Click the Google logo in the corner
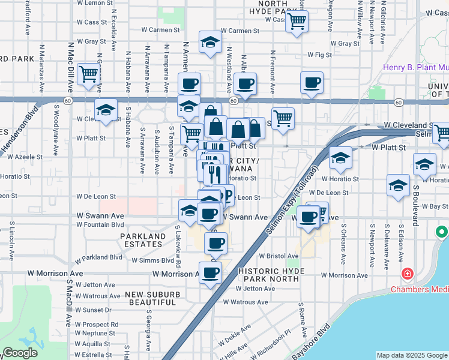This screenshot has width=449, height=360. point(20,353)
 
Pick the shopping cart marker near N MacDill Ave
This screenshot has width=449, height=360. point(88,74)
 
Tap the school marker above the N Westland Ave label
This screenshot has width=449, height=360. point(210,42)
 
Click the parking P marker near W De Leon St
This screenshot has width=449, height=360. point(227,196)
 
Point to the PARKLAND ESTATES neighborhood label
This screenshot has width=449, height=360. point(142,241)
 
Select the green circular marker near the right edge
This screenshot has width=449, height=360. point(442,231)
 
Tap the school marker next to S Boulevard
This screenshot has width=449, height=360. point(399,185)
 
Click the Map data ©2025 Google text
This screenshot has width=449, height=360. point(411,355)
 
